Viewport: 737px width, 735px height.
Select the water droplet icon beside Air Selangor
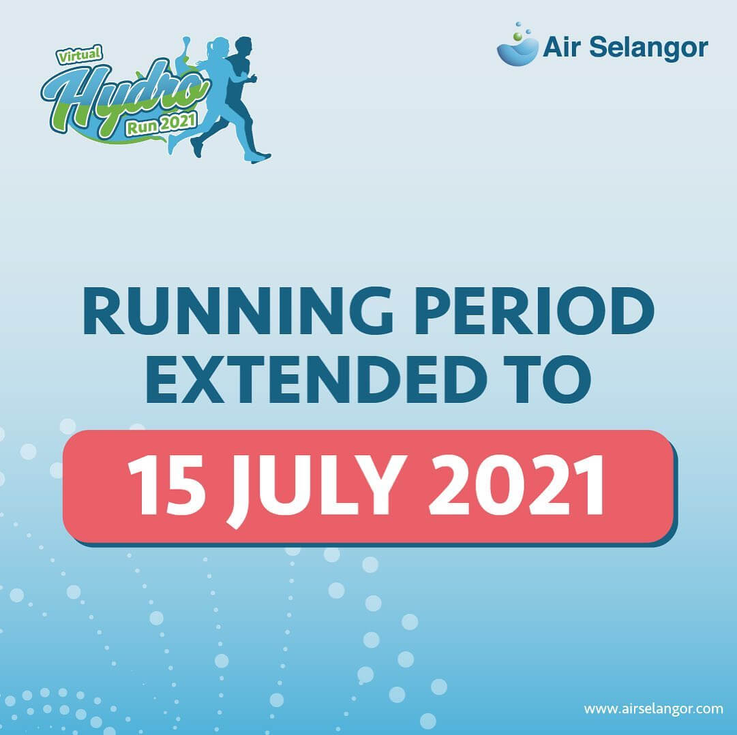coord(516,47)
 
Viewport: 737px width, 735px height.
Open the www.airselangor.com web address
coord(653,708)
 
